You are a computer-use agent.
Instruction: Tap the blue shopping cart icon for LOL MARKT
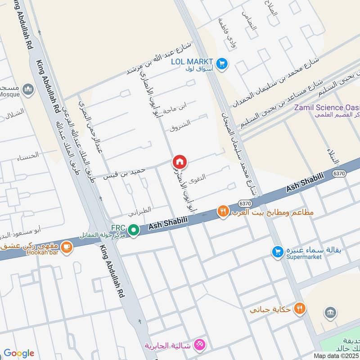tap(221, 64)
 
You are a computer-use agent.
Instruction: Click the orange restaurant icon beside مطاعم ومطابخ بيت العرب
tap(223, 211)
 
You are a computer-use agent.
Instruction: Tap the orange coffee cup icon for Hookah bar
tap(67, 247)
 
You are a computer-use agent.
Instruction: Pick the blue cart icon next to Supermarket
tap(277, 252)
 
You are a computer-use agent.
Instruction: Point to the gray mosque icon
tap(28, 90)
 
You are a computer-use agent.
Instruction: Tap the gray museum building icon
tap(330, 313)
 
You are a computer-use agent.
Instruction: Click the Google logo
tap(19, 353)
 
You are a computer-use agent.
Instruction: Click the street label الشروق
tap(180, 125)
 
